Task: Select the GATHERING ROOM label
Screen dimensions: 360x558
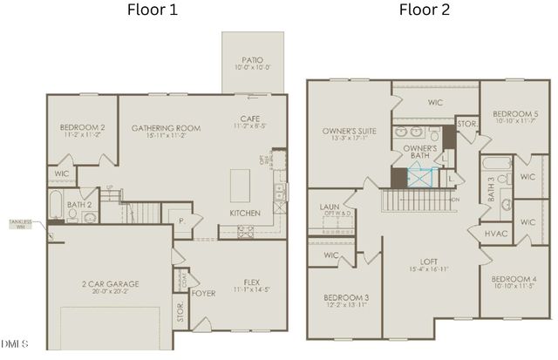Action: click(x=166, y=128)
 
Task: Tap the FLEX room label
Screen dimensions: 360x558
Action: click(x=252, y=283)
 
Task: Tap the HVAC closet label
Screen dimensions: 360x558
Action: click(x=495, y=234)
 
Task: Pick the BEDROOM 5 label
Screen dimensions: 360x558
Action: click(x=515, y=114)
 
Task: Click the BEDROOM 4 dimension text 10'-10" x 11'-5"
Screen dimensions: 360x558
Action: click(x=514, y=285)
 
